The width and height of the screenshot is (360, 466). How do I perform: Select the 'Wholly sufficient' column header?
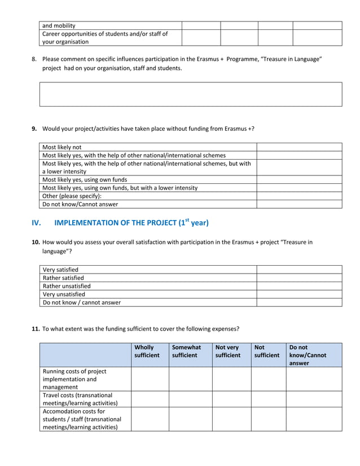tap(147, 351)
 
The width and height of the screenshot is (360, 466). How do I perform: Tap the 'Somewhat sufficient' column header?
tap(187, 351)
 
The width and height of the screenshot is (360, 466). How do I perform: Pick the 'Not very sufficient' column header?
tap(228, 351)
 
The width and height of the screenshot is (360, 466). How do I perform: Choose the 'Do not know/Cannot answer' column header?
tap(308, 355)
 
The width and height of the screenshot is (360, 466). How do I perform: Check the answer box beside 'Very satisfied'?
tap(299, 270)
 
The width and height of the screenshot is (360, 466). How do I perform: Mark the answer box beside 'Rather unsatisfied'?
tap(299, 286)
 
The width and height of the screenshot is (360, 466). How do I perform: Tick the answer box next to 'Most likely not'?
tap(299, 147)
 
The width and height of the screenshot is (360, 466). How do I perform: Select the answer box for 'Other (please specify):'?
tap(299, 196)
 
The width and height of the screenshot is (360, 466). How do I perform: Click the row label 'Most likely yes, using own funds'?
tap(85, 180)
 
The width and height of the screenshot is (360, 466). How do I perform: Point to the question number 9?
tap(34, 129)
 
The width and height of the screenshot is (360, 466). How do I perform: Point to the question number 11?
tap(35, 328)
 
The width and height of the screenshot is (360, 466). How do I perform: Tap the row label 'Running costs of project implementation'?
tap(74, 379)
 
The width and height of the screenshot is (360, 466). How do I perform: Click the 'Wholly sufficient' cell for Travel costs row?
tap(150, 399)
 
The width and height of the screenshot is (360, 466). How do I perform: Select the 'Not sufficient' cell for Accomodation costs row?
tap(268, 419)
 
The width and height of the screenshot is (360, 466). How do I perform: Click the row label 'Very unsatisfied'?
tap(64, 294)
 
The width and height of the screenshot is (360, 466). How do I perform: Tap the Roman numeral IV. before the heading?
tap(37, 223)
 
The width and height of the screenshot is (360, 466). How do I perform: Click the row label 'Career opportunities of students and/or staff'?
tap(105, 38)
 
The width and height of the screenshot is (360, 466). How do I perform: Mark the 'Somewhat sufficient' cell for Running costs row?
tap(190, 379)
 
